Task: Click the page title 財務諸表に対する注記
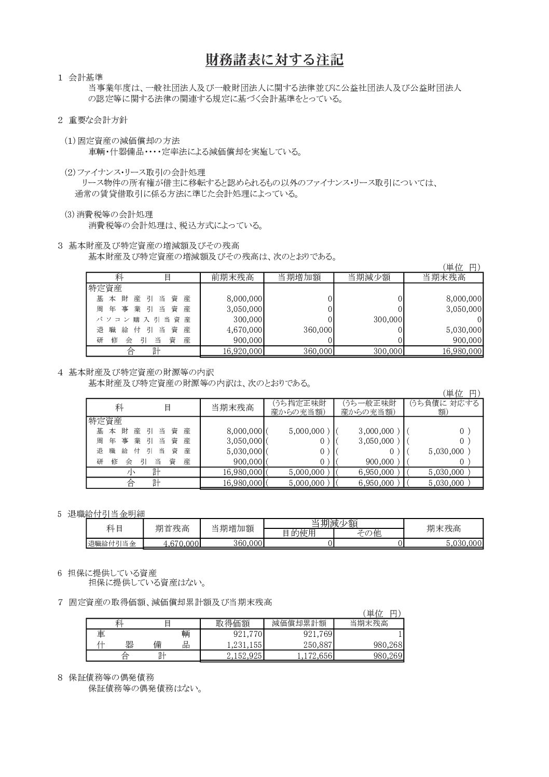click(x=274, y=60)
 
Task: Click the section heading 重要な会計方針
click(x=99, y=120)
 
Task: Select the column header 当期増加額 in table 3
click(x=299, y=278)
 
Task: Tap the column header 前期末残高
click(x=232, y=278)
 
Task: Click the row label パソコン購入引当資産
click(x=144, y=320)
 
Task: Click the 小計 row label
click(x=144, y=473)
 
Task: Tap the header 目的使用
click(x=299, y=533)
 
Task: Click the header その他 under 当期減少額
click(x=369, y=533)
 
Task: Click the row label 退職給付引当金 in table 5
click(x=111, y=544)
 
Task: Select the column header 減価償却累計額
click(x=299, y=624)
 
